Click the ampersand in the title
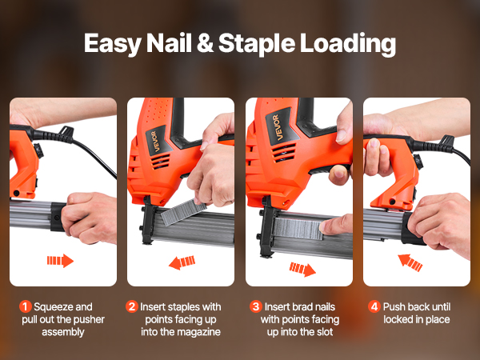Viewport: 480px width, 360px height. point(205,43)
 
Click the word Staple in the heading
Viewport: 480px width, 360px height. point(257,44)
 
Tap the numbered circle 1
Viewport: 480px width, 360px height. point(26,306)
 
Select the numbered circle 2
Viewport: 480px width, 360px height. point(132,306)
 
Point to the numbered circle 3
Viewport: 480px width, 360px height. point(256,306)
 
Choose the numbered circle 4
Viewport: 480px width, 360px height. point(374,306)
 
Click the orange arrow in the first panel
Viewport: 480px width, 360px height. point(60,261)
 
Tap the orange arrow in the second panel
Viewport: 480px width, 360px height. point(182,262)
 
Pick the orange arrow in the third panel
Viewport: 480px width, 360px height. point(302,270)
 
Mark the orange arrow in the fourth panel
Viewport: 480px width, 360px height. point(410,262)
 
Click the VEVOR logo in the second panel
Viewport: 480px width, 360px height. point(154,141)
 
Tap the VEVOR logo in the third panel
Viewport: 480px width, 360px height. point(276,126)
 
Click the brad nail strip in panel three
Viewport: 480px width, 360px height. point(298,229)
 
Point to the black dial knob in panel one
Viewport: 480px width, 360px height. point(39,150)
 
